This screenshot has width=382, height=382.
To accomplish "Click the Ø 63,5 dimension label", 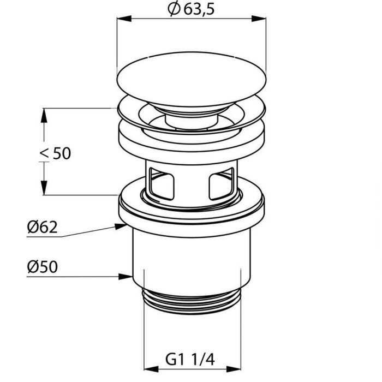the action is click(191, 9).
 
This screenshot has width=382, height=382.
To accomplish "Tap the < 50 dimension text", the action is click(55, 153).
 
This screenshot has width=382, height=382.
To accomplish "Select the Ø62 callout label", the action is click(43, 227).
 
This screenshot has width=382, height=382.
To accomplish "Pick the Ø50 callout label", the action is click(43, 267).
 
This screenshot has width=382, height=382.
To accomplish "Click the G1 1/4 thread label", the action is click(190, 359).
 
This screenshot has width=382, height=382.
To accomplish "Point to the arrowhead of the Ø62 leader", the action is click(121, 226).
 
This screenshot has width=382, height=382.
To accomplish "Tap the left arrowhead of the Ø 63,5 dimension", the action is click(124, 19).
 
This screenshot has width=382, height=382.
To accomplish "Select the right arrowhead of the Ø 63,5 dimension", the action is click(259, 19).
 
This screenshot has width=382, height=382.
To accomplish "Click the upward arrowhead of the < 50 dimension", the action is click(44, 116).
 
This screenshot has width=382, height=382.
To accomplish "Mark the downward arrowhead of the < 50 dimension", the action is click(44, 188).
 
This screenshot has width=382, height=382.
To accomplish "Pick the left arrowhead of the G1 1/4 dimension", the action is click(151, 369).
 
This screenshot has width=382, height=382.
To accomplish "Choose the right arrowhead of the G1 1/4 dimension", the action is click(234, 369).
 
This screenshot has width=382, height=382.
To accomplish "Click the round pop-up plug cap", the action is click(192, 79).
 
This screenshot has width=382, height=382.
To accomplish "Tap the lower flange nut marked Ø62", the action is click(192, 207).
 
